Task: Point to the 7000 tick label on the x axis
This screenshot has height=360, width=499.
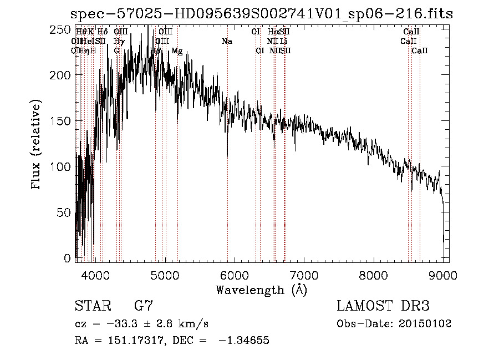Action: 304,273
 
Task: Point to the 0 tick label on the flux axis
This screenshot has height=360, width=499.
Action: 68,258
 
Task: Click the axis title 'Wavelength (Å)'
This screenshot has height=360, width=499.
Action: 262,290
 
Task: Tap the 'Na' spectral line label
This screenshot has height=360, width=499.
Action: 226,42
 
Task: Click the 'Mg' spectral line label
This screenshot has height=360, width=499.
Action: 177,51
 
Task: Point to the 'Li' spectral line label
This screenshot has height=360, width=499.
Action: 283,42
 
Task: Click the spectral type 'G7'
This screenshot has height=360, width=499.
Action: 144,306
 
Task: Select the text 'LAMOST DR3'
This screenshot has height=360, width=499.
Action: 383,306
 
